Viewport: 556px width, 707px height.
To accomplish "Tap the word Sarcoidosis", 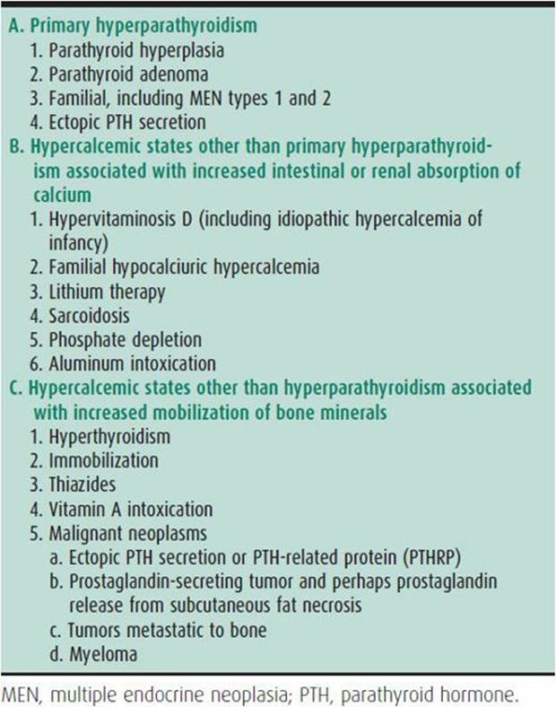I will coord(99,315).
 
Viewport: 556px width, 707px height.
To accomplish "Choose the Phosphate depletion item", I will coord(126,339).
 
